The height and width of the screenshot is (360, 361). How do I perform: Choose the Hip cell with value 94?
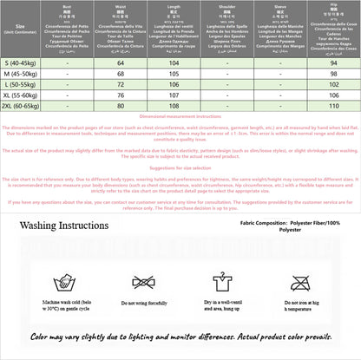click(326, 63)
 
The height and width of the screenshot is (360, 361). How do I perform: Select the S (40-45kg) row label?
click(21, 63)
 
